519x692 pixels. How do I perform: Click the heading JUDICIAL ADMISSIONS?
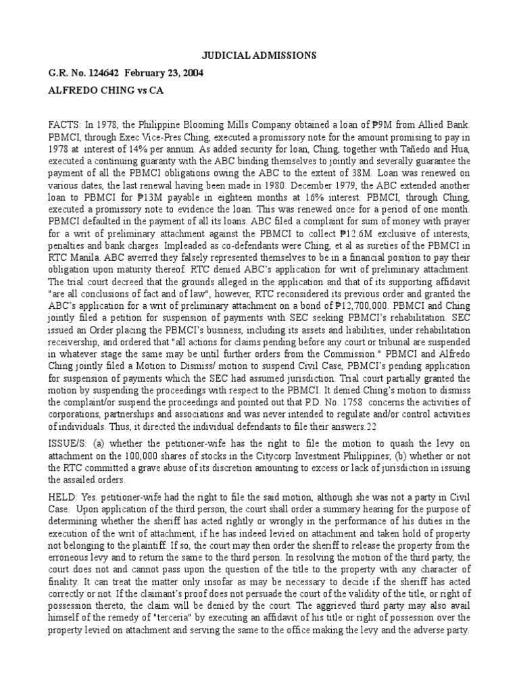(x=259, y=55)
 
